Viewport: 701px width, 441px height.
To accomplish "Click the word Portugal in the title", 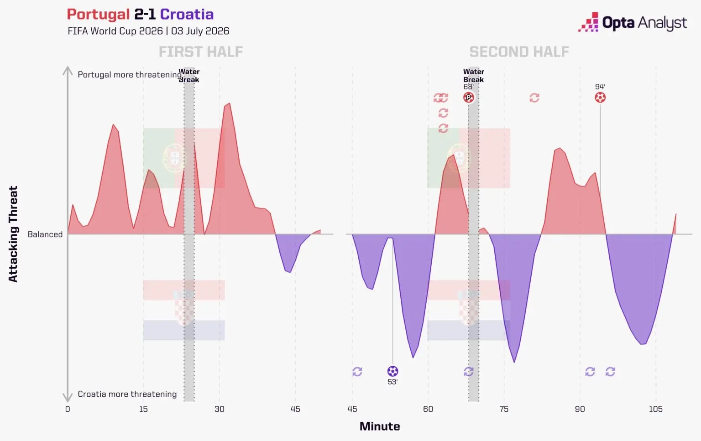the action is pyautogui.click(x=98, y=15).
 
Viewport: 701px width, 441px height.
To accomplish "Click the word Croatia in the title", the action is pyautogui.click(x=187, y=15).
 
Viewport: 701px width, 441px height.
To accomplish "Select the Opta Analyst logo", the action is pyautogui.click(x=633, y=22).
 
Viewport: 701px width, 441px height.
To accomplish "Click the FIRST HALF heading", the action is pyautogui.click(x=201, y=52).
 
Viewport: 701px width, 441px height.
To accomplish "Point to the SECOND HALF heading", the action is pyautogui.click(x=519, y=52).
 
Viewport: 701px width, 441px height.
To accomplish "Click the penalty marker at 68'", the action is pyautogui.click(x=469, y=98).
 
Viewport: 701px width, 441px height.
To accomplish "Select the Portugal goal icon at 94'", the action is pyautogui.click(x=600, y=98).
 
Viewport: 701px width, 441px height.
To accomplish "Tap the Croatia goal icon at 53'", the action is pyautogui.click(x=393, y=371).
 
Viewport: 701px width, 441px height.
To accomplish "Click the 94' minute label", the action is pyautogui.click(x=600, y=87).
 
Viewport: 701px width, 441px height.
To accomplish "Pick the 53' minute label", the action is pyautogui.click(x=393, y=382).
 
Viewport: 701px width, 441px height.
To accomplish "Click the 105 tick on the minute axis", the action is pyautogui.click(x=656, y=409).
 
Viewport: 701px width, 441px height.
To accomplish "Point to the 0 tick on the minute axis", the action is pyautogui.click(x=68, y=409).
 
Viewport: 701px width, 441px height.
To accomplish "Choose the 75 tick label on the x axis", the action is pyautogui.click(x=504, y=409).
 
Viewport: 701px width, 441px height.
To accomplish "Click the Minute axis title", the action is pyautogui.click(x=380, y=426).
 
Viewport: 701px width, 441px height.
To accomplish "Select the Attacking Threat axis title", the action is pyautogui.click(x=13, y=234).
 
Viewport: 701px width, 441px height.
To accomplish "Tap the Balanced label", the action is pyautogui.click(x=45, y=234).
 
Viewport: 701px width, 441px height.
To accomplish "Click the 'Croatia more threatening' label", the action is pyautogui.click(x=127, y=394).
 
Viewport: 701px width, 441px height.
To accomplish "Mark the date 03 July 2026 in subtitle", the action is pyautogui.click(x=200, y=31).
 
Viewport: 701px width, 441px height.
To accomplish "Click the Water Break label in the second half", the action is pyautogui.click(x=473, y=76).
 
